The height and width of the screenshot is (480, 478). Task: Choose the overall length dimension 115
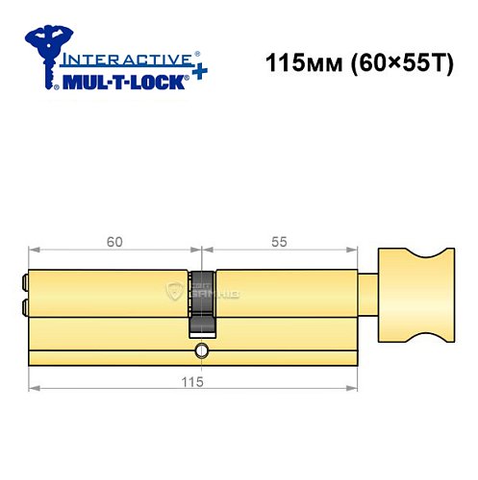pos(200,382)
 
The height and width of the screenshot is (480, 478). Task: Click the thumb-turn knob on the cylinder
pos(415,297)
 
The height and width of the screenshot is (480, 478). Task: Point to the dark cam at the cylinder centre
pos(201,307)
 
